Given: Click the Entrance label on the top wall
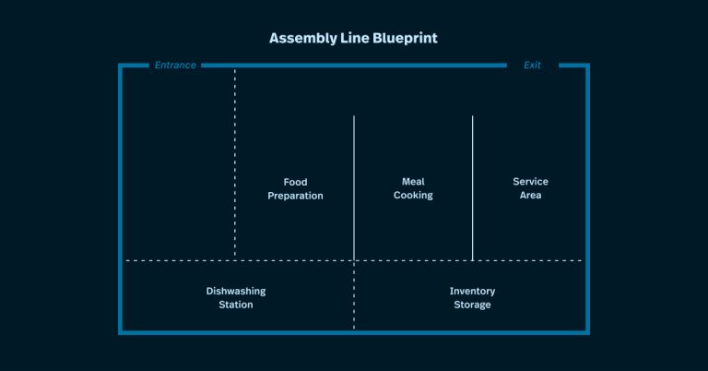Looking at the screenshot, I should pyautogui.click(x=175, y=66).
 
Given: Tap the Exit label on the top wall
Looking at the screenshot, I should pyautogui.click(x=532, y=66).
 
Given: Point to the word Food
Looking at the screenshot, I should pyautogui.click(x=295, y=182).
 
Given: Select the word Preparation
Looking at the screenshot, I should pyautogui.click(x=295, y=196).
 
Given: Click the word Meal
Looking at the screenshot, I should pyautogui.click(x=413, y=182).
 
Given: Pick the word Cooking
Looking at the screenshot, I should pyautogui.click(x=413, y=196).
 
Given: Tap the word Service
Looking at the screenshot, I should pyautogui.click(x=530, y=182).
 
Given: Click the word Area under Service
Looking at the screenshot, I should pyautogui.click(x=530, y=196).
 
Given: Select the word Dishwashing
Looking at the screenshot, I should pyautogui.click(x=235, y=291).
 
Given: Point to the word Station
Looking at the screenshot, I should pyautogui.click(x=235, y=305).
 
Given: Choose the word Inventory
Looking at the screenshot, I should pyautogui.click(x=472, y=291).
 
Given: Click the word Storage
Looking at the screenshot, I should pyautogui.click(x=472, y=305).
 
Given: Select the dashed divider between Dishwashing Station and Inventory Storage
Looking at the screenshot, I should pyautogui.click(x=354, y=295).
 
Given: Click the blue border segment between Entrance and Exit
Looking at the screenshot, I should pyautogui.click(x=354, y=66).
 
